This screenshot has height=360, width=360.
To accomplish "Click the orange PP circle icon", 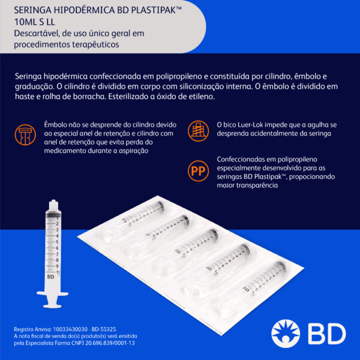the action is [198, 171].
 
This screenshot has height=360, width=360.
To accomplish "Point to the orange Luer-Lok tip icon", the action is [198, 131].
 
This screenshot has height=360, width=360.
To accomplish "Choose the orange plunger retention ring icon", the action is [25, 135].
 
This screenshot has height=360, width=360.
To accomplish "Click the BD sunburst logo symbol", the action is [286, 334].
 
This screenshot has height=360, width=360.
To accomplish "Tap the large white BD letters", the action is [327, 334].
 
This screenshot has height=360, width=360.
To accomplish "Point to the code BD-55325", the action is [104, 329].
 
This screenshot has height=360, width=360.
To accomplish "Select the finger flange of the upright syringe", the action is [53, 293].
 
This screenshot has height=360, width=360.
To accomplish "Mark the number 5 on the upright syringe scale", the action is [57, 242].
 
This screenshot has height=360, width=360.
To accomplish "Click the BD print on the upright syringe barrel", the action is [50, 277].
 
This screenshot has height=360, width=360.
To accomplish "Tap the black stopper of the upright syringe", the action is [53, 214].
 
